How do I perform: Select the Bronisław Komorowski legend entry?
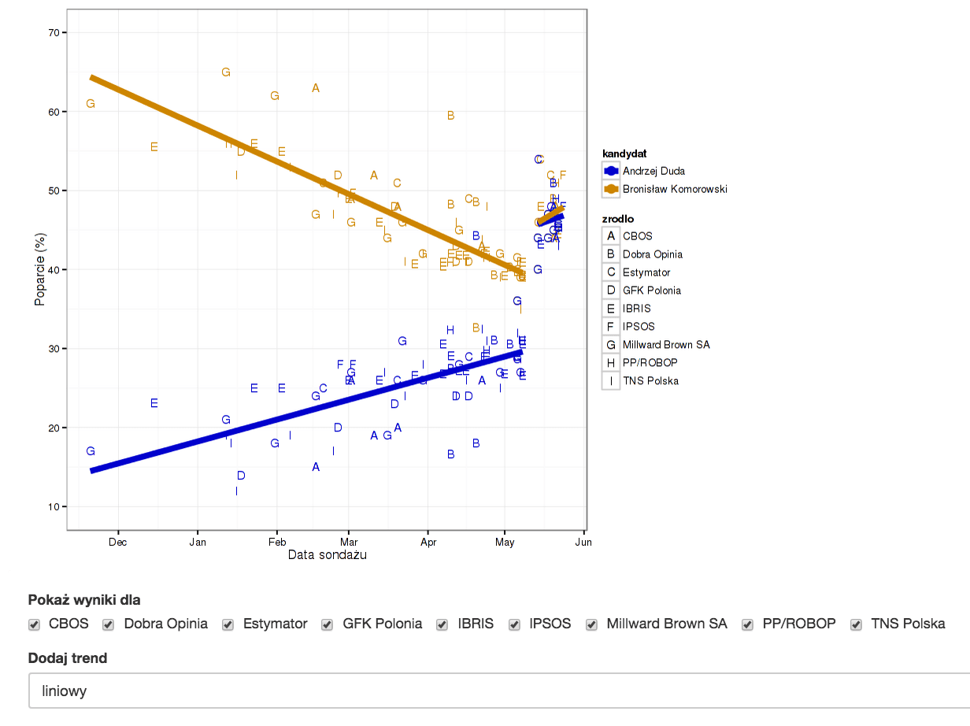coord(674,189)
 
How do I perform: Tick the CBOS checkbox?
coord(35,624)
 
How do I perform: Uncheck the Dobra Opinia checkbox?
coord(109,624)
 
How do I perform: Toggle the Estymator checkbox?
coord(228,624)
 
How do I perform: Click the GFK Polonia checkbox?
coord(328,624)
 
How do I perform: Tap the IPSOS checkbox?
coord(514,624)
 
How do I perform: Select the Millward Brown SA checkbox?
coord(591,624)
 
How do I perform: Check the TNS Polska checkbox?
coord(856,624)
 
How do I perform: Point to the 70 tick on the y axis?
coord(54,32)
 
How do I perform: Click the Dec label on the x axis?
coord(117,542)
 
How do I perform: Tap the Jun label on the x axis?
coord(583,542)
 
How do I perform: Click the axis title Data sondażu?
coord(327,555)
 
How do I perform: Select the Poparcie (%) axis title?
coord(39,270)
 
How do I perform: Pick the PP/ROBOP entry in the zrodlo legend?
coord(650,363)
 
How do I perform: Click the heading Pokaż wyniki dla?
coord(84,600)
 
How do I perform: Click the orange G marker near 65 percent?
coord(226,72)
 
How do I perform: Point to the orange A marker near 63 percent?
coord(316,88)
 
